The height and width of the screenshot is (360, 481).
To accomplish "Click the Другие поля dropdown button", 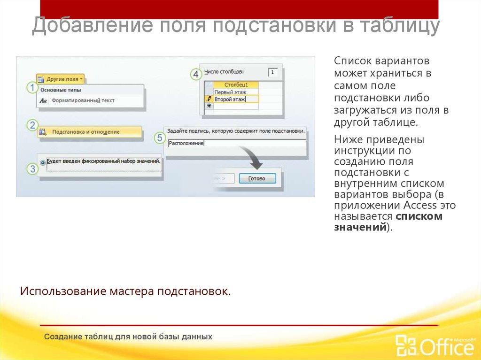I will coord(61,79).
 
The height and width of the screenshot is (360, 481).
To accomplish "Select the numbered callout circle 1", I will coord(32,88).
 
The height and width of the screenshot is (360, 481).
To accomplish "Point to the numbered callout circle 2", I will coord(32,125).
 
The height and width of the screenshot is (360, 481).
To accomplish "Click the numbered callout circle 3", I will coord(32,169).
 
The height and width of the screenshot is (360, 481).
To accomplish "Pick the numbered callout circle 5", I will coord(160,138).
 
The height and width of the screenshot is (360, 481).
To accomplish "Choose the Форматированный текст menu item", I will coord(83,100).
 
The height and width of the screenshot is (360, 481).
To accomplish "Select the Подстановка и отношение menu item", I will coord(85,132).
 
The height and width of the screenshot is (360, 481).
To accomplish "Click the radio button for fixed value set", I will coord(43,162).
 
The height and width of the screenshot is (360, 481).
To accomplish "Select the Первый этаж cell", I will coord(230,92).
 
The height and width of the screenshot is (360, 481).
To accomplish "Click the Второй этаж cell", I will coord(230,100).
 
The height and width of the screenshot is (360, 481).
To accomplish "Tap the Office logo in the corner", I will coord(435,345).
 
